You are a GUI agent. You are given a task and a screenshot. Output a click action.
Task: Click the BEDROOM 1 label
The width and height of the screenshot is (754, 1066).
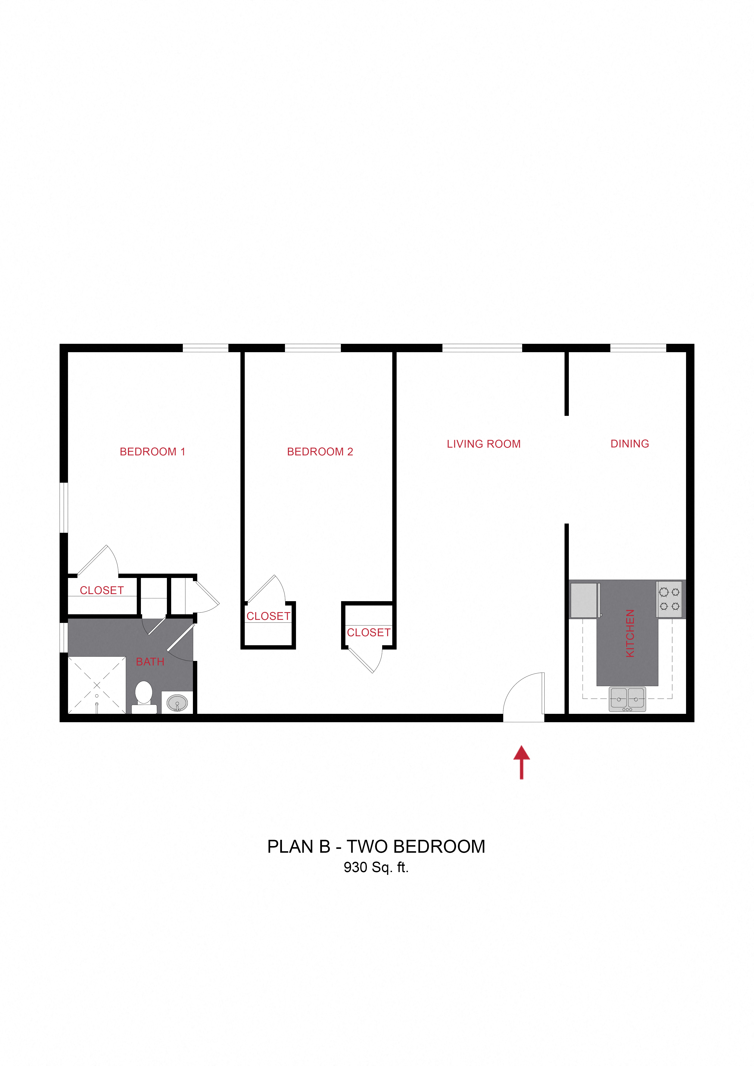(x=152, y=452)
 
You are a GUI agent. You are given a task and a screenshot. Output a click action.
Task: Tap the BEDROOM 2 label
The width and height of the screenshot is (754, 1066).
(x=320, y=452)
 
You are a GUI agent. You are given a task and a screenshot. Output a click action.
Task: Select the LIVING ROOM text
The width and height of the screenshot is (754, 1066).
(x=483, y=444)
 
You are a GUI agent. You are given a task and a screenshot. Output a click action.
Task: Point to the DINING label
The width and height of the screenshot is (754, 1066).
(x=629, y=444)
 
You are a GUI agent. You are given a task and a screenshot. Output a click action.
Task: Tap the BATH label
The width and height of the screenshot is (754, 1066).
(x=150, y=662)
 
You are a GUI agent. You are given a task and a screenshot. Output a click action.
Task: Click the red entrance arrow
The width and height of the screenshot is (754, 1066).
(x=521, y=762)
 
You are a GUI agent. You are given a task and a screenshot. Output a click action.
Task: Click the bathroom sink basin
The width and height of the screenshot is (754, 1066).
(x=177, y=702)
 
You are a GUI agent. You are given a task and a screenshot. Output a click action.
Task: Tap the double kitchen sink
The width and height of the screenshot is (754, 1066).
(x=627, y=699)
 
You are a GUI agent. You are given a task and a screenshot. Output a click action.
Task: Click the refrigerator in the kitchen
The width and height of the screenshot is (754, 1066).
(x=585, y=600)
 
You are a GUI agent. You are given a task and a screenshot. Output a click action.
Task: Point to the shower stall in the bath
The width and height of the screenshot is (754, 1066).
(x=97, y=685)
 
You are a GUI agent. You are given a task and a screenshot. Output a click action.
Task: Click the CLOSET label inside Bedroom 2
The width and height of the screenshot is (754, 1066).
(x=268, y=616)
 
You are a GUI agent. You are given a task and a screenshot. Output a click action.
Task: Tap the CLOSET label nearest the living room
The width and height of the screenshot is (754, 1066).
(x=369, y=632)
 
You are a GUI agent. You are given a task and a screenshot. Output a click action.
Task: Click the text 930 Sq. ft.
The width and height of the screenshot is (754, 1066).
(x=376, y=867)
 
